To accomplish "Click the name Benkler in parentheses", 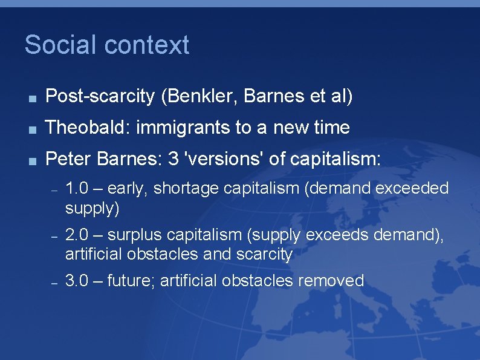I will pyautogui.click(x=194, y=96).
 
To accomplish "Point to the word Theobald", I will pyautogui.click(x=88, y=128).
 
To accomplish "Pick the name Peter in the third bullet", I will pyautogui.click(x=65, y=160).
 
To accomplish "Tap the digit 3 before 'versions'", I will pyautogui.click(x=174, y=160).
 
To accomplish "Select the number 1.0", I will pyautogui.click(x=76, y=189).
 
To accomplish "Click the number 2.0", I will pyautogui.click(x=76, y=234).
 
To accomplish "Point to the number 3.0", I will pyautogui.click(x=76, y=281).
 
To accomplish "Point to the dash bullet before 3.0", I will pyautogui.click(x=53, y=283).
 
